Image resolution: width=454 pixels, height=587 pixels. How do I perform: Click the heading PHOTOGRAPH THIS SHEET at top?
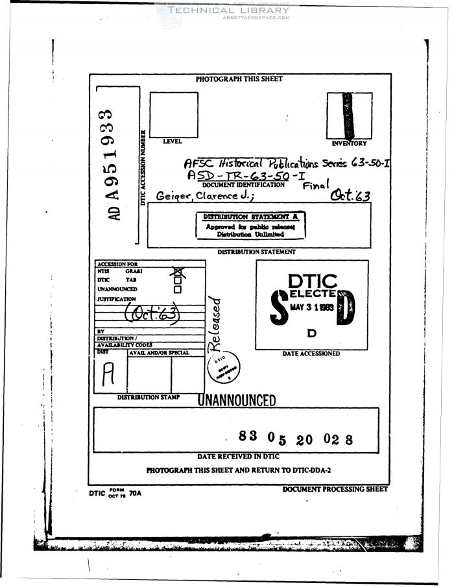(239, 79)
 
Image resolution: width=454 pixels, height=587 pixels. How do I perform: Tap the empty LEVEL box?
(174, 114)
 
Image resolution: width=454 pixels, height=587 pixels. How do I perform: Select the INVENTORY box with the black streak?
(349, 115)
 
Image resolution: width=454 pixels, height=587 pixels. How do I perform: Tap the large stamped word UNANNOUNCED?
(237, 400)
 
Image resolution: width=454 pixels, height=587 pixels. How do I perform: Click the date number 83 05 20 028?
(295, 438)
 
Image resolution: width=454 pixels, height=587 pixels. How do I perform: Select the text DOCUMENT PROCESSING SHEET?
(335, 489)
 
